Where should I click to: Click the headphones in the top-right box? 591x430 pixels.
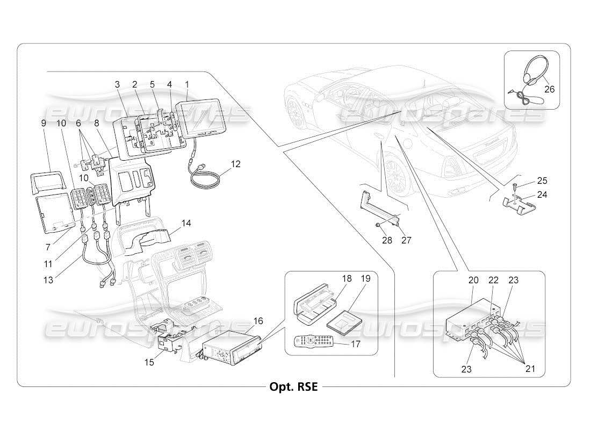coord(527,81)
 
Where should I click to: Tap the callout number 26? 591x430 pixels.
coord(549,89)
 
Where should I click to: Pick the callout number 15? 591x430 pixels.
coord(149,362)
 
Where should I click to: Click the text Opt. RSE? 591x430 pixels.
coord(293,387)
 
